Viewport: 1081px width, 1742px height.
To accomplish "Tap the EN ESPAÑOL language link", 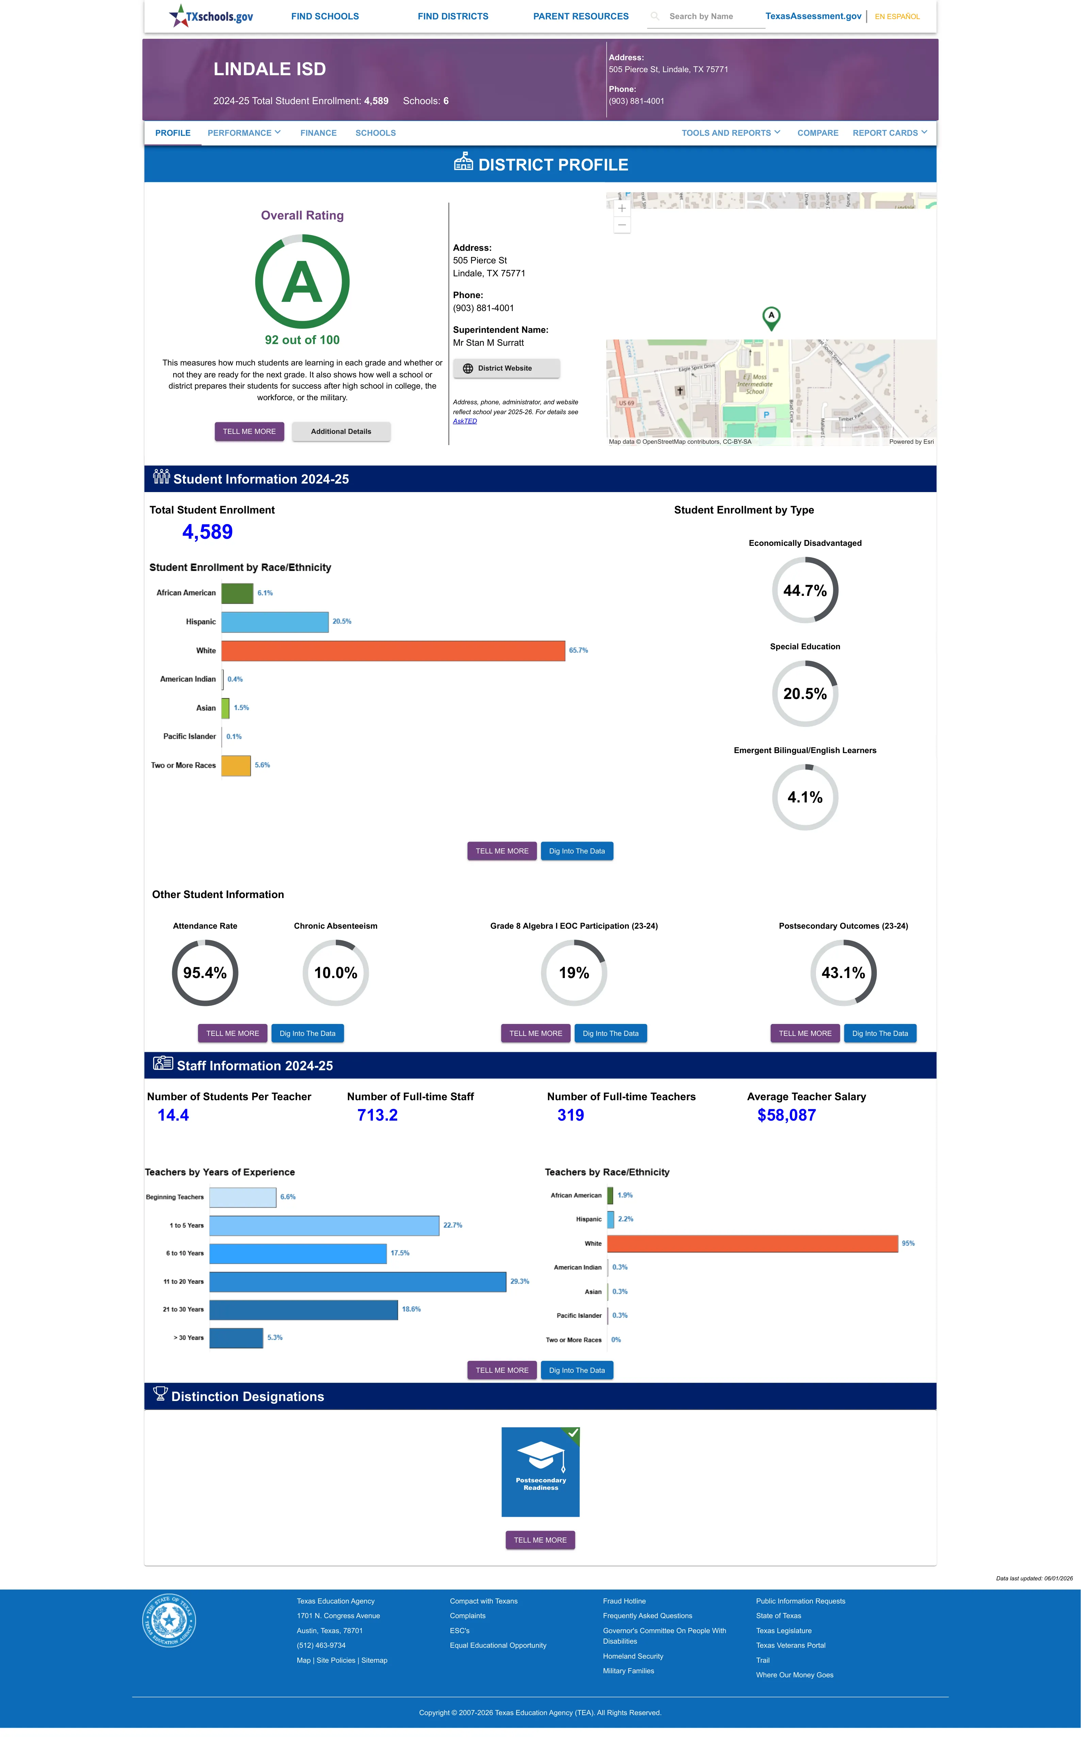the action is point(897,16).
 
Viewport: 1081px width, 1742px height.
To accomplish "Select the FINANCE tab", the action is point(318,133).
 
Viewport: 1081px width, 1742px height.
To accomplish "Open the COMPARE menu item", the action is point(818,133).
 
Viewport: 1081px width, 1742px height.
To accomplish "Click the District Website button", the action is point(506,368).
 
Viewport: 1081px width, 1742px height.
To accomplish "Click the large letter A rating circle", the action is point(302,282).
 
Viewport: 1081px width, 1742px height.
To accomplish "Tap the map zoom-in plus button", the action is point(622,208).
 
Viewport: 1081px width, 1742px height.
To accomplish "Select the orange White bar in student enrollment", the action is point(393,650).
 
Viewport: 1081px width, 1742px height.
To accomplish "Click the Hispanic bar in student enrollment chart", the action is point(275,622).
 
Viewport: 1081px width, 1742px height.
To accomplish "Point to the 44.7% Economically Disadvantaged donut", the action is point(805,590).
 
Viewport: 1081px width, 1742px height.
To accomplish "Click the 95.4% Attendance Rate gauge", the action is point(205,973).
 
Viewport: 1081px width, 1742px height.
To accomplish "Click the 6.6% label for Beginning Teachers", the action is point(288,1196).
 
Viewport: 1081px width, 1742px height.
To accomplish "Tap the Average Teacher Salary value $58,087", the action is point(786,1115).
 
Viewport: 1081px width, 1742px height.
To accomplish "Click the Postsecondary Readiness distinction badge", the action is point(540,1472).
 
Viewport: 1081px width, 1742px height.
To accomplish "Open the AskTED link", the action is point(465,421).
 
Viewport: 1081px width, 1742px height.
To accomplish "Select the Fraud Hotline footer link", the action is point(624,1601).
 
